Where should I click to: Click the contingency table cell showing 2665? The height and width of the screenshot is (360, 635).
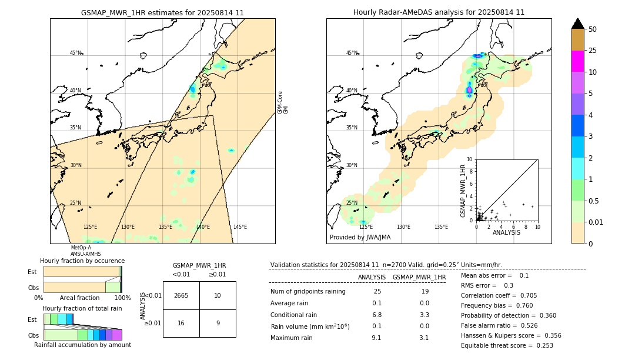(x=181, y=295)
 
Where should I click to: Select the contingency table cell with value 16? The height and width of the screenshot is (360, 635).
(x=181, y=323)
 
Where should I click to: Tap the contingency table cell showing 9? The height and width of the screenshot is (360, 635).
(x=218, y=323)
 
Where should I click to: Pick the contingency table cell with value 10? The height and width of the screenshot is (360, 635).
(x=218, y=295)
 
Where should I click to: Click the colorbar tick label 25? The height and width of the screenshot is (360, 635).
(x=593, y=51)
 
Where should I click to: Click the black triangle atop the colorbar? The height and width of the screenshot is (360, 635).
(x=578, y=24)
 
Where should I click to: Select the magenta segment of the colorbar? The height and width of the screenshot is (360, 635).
(x=578, y=61)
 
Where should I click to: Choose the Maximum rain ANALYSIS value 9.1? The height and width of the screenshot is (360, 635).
(x=377, y=338)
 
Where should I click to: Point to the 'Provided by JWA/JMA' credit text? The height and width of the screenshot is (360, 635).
(x=360, y=238)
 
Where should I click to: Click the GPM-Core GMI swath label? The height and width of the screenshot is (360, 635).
(x=283, y=102)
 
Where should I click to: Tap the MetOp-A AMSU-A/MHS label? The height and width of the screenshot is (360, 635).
(x=85, y=251)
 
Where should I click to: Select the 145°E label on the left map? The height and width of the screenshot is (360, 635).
(x=240, y=227)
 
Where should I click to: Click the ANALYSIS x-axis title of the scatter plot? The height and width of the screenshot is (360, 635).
(x=506, y=232)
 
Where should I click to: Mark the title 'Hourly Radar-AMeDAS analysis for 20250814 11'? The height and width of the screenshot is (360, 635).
(x=439, y=12)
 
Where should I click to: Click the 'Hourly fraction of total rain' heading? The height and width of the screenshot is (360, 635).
(x=82, y=308)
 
